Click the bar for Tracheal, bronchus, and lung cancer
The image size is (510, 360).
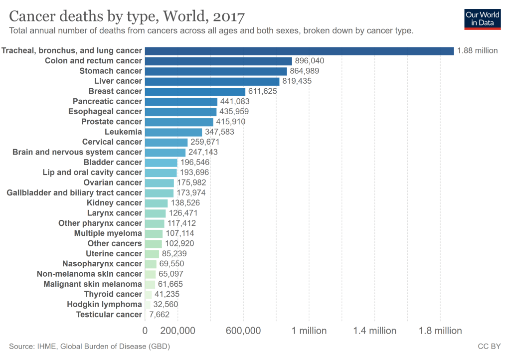click(299, 51)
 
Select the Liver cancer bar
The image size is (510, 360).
click(212, 81)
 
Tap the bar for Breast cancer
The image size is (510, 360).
click(195, 91)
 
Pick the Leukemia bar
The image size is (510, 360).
click(173, 132)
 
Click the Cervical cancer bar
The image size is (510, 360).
click(166, 142)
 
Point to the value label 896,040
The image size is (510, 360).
click(310, 61)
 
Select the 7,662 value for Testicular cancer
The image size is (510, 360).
click(160, 315)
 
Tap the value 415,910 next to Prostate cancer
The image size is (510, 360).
click(231, 122)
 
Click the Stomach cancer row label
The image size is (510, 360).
click(111, 71)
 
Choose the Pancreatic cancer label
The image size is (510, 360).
click(107, 102)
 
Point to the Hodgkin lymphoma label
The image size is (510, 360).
click(105, 305)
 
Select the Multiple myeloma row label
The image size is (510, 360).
click(108, 233)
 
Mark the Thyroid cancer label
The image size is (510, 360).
click(113, 294)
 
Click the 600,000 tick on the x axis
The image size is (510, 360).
click(244, 331)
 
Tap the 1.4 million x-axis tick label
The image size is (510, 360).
click(375, 331)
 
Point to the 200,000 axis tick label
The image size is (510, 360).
click(178, 331)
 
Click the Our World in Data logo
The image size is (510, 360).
click(482, 18)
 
